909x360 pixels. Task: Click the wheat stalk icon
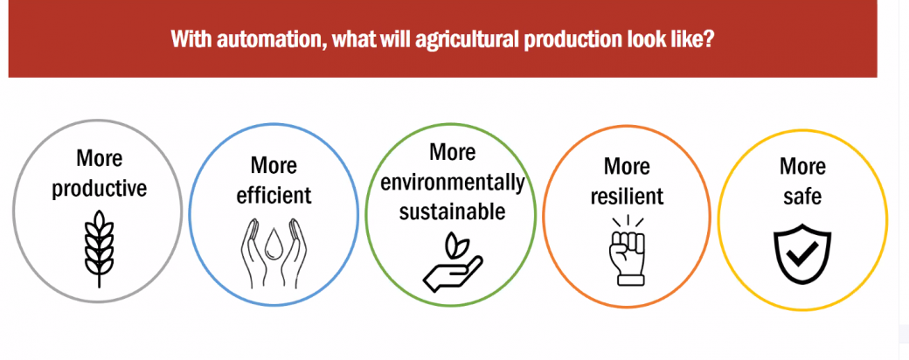click(x=99, y=247)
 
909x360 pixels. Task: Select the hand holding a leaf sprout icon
click(x=453, y=261)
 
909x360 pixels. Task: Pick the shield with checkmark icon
click(x=803, y=257)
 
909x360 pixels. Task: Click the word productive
click(x=99, y=189)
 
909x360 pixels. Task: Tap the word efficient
click(x=274, y=195)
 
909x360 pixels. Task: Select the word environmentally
click(x=453, y=183)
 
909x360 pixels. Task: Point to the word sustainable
click(x=452, y=211)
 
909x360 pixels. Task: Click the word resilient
click(x=628, y=196)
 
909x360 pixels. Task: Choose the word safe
click(x=802, y=196)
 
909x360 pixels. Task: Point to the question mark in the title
click(x=707, y=39)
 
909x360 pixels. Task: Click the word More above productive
click(x=100, y=158)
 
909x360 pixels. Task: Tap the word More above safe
click(x=802, y=166)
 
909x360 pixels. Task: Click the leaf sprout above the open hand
click(x=454, y=244)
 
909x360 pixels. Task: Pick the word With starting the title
click(x=194, y=39)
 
